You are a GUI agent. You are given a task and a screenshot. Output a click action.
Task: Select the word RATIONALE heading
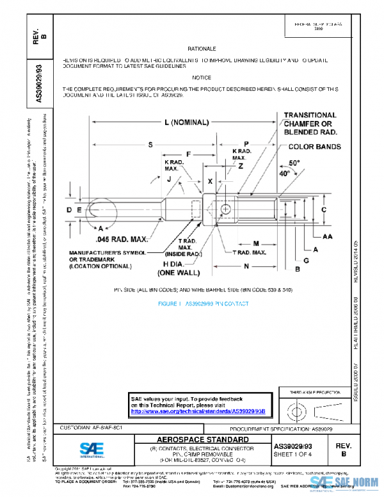(202, 49)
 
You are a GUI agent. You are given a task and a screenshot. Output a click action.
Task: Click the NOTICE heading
(202, 77)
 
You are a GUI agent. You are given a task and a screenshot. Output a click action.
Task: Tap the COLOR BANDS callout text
(310, 147)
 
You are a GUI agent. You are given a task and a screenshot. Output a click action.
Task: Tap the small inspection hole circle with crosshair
(226, 209)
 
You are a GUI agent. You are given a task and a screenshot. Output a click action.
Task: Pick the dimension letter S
(150, 145)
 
